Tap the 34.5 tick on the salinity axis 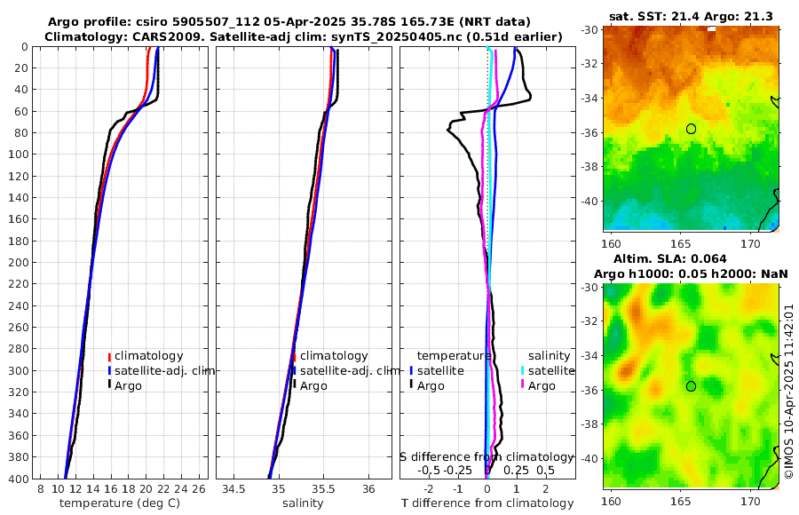[233, 489]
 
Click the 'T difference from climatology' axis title [486, 503]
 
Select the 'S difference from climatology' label [487, 456]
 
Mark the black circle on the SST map [691, 129]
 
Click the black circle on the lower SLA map [691, 386]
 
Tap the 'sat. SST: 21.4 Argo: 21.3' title [691, 17]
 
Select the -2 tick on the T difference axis [429, 489]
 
